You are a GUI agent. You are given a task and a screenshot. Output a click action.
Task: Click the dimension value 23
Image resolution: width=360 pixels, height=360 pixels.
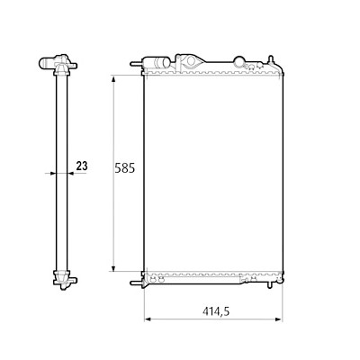(82, 166)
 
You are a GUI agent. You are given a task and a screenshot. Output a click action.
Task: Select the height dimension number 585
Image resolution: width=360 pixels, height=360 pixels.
(125, 168)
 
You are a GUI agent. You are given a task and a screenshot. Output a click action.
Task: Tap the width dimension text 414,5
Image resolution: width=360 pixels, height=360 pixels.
(216, 311)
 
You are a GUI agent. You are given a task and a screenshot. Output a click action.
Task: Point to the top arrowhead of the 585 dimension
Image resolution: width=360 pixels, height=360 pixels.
(113, 78)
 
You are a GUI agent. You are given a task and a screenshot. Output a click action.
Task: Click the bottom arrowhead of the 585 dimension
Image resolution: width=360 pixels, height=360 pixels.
(113, 268)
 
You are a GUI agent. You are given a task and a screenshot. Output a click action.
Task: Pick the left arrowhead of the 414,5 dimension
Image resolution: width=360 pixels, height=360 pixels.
(148, 319)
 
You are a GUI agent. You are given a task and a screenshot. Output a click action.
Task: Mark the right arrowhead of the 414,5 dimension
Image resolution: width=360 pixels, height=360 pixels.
(279, 319)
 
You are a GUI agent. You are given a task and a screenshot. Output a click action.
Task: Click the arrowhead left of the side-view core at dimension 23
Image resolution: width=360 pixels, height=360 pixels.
(53, 173)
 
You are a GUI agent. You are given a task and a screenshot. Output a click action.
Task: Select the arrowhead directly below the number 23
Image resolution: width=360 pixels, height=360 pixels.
(71, 173)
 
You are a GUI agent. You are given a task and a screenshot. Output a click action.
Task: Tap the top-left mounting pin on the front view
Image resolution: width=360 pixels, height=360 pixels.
(136, 64)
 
